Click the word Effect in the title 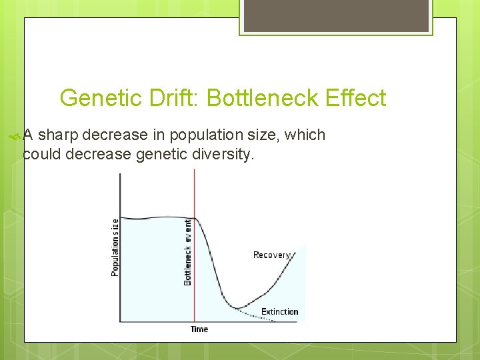pos(354,99)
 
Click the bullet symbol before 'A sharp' pos(16,136)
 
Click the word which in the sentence pos(305,135)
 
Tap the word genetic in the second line pos(163,155)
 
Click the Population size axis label pos(115,247)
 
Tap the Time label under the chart pos(199,329)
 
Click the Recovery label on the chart pos(271,255)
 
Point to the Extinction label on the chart pos(279,311)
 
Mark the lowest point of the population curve pos(237,307)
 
